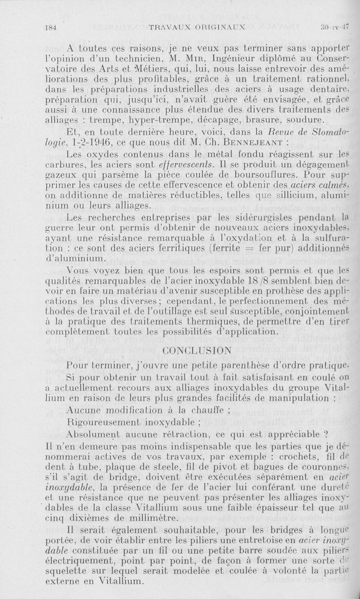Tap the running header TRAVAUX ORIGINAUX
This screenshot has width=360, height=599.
[196, 27]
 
